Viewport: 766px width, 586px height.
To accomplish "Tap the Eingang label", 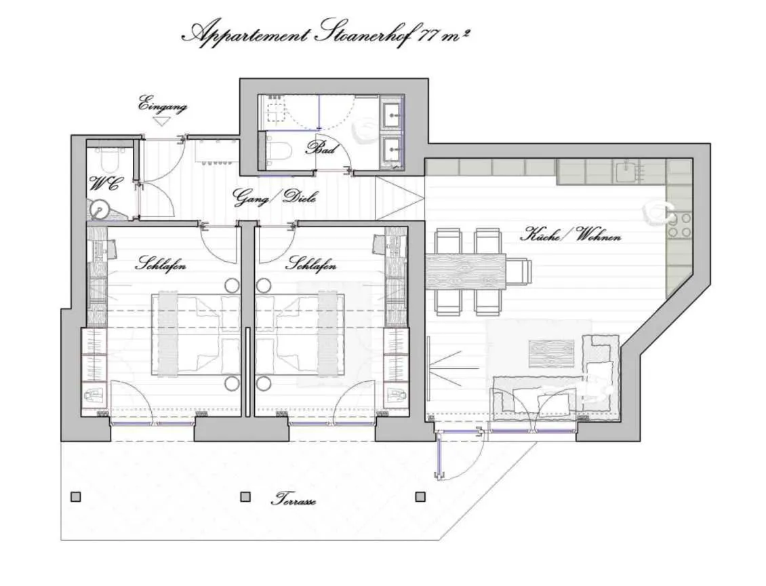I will [x=163, y=106].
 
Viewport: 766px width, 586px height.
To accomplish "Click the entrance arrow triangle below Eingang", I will [x=161, y=121].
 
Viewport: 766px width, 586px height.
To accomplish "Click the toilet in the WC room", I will [x=108, y=159].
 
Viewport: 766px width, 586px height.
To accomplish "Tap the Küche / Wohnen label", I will [x=570, y=235].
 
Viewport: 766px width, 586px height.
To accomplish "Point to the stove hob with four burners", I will [x=680, y=225].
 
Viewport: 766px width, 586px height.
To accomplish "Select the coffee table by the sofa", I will [x=551, y=352].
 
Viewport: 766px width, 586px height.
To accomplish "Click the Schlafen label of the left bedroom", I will [x=161, y=265].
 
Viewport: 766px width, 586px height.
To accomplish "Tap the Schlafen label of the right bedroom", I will [x=311, y=265].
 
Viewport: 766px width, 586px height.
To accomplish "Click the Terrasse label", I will [x=293, y=501].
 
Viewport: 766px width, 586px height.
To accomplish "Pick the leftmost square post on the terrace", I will [x=76, y=497].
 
